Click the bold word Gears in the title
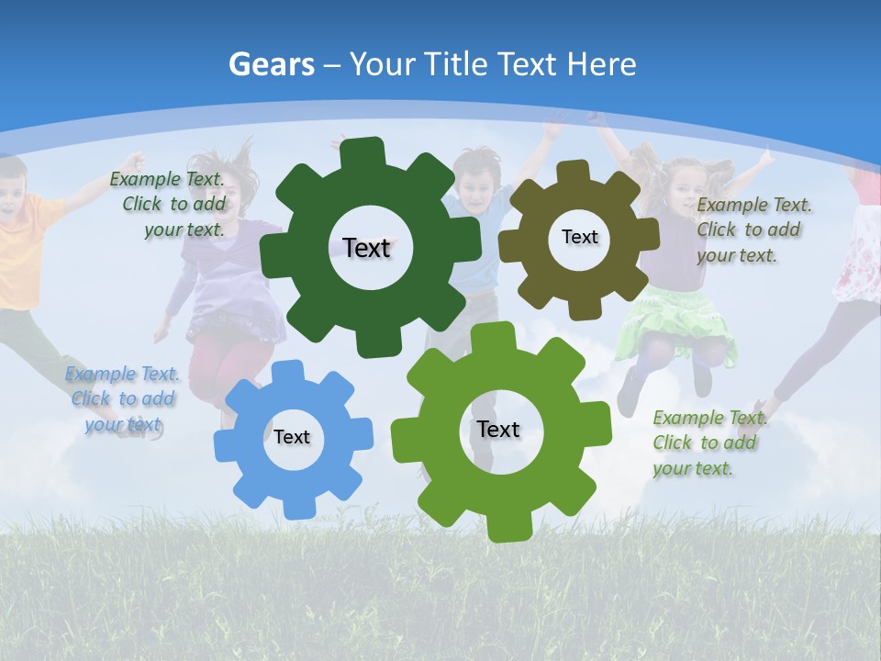pyautogui.click(x=272, y=64)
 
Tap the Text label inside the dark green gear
pyautogui.click(x=366, y=248)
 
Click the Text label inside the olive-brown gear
pyautogui.click(x=579, y=237)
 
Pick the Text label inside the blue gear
pyautogui.click(x=292, y=437)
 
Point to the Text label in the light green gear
pyautogui.click(x=498, y=429)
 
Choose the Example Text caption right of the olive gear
pyautogui.click(x=753, y=230)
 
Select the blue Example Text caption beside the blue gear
pyautogui.click(x=122, y=398)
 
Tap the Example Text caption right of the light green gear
pyautogui.click(x=708, y=443)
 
